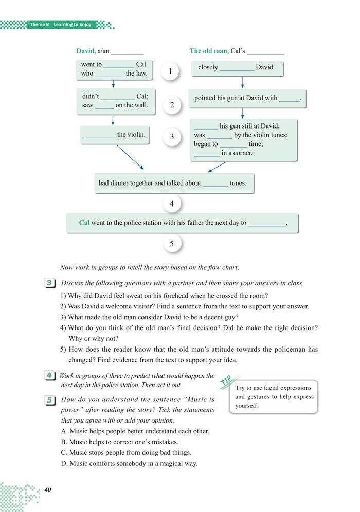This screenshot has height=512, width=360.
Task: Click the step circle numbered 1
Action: pos(170,71)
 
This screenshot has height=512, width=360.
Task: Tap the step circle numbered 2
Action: pos(172,105)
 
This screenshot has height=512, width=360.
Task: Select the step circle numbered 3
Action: pos(172,136)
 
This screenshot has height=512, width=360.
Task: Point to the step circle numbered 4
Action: pos(172,205)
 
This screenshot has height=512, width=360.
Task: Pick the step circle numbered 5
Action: pos(172,243)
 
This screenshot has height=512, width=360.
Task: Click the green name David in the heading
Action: pos(85,51)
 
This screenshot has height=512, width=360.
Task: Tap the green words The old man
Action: pos(208,51)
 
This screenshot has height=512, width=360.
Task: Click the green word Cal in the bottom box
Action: pos(84,223)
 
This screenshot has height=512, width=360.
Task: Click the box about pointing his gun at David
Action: pos(247,98)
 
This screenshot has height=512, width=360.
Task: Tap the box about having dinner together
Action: pos(174,183)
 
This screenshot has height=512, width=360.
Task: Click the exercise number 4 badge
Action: pos(50,376)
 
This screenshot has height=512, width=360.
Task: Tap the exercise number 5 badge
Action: pos(50,400)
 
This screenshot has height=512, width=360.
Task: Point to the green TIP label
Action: pos(225,381)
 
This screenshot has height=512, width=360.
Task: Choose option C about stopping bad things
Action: pos(126,453)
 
